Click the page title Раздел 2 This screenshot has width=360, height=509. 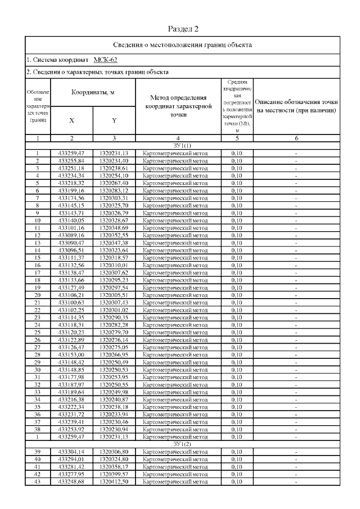pos(183,28)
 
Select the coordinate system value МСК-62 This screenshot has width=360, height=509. pos(105,58)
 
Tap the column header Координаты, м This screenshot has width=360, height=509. pos(93,91)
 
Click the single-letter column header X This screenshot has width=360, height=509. pos(71,120)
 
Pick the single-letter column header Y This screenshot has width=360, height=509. pos(114,120)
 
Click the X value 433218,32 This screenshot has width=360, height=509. pos(71,183)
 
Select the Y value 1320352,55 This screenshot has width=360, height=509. pos(114,235)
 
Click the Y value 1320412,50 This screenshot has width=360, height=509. pos(114,482)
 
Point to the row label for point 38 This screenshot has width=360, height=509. pos(37,429)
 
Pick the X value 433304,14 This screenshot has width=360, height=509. pos(71,451)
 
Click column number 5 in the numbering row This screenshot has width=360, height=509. pos(237,138)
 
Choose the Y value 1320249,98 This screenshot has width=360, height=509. pos(114,391)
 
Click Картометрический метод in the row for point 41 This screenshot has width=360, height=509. pos(176,467)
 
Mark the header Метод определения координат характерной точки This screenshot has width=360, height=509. pos(178,106)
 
